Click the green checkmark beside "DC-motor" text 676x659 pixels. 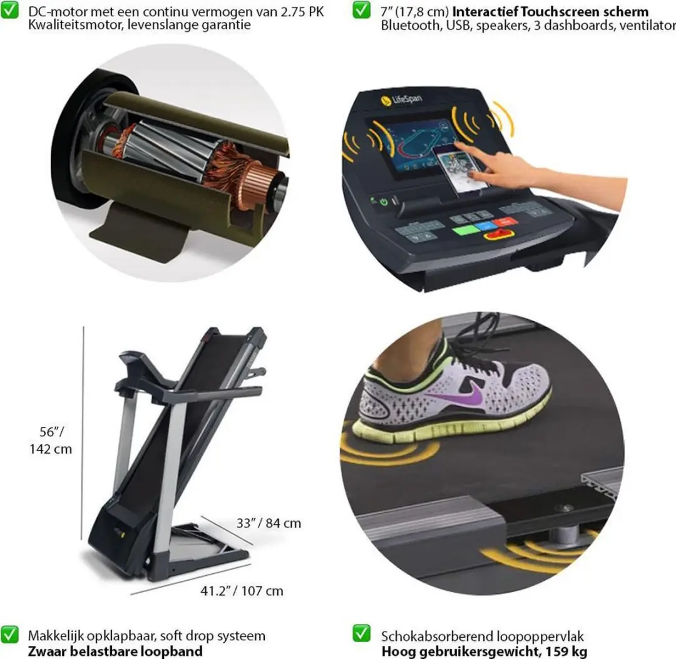9,10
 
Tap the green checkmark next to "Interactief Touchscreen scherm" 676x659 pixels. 361,10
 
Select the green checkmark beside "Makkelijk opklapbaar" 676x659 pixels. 9,634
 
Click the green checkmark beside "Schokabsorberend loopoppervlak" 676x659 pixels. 361,633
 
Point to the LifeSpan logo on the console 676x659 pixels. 401,100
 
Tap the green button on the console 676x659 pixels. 466,230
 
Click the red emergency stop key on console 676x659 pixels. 499,235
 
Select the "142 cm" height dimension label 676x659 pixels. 51,449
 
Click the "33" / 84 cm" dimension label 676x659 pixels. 269,523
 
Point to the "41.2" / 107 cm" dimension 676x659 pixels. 242,590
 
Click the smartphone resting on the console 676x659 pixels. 461,171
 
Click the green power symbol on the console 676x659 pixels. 384,202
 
